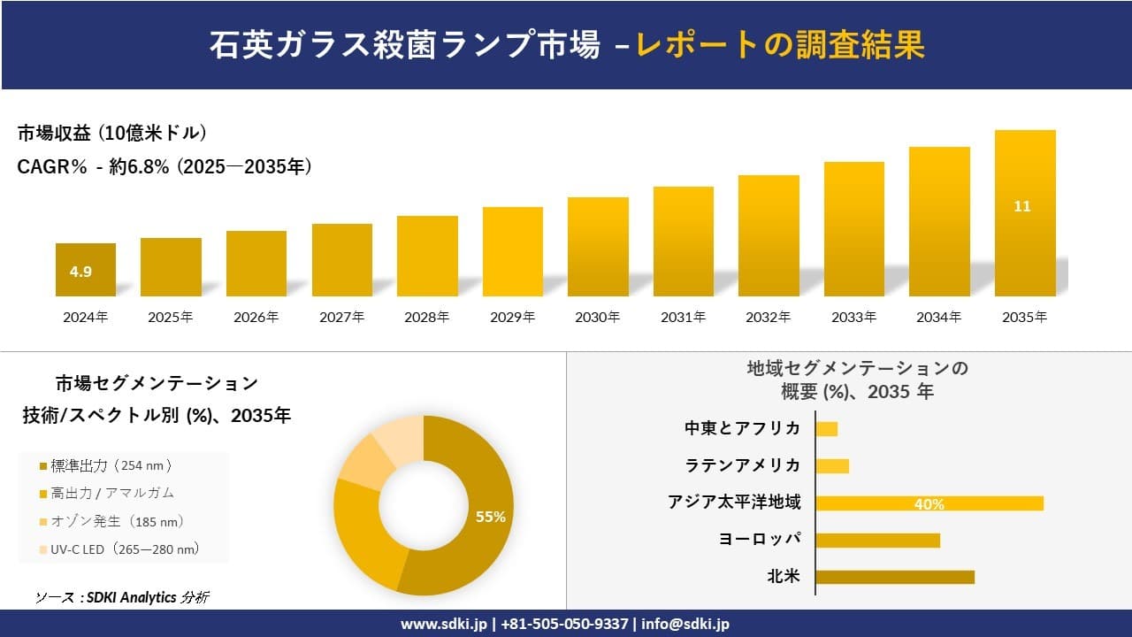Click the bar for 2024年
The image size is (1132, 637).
(86, 270)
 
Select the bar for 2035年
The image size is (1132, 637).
(1025, 213)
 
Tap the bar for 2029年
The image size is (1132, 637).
(513, 252)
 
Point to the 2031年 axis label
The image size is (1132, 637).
(683, 318)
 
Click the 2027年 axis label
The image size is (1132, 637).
(341, 318)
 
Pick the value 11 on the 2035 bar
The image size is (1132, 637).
(1022, 206)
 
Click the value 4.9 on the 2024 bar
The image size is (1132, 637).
(80, 272)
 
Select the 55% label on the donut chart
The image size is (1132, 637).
(490, 517)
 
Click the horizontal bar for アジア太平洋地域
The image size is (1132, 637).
(929, 503)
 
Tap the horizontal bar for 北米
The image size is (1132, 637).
(894, 577)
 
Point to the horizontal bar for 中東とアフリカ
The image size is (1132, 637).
(826, 429)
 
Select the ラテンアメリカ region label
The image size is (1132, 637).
(743, 465)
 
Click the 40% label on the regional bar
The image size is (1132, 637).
(929, 504)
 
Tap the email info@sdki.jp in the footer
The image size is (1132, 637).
(685, 624)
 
